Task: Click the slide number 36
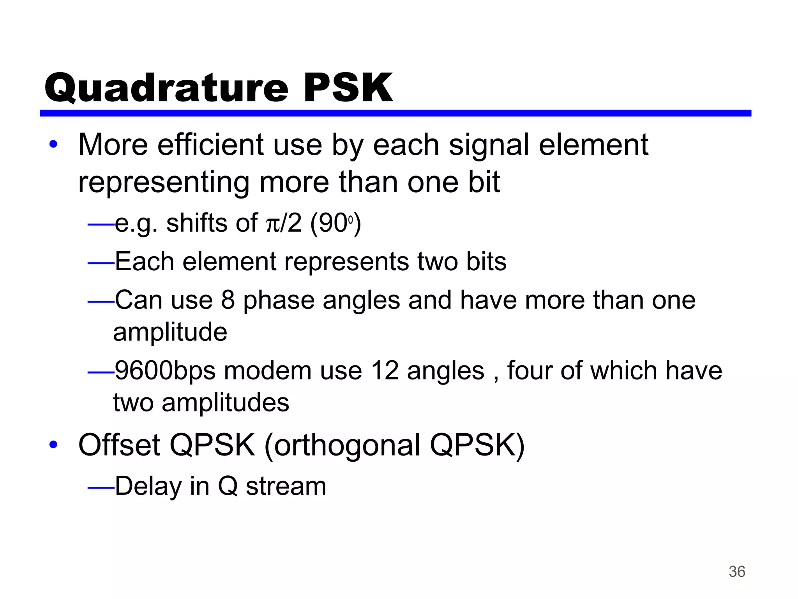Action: pos(737,572)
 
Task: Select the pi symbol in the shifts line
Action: pos(271,224)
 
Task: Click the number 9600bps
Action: pos(165,370)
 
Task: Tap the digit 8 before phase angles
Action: pos(228,300)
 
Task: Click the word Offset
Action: pos(119,445)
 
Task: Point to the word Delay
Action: pos(148,486)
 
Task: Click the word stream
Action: pos(286,487)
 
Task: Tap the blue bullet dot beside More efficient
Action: pos(53,145)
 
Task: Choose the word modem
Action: pos(267,370)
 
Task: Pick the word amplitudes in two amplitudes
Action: pos(225,402)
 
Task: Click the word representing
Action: pos(164,182)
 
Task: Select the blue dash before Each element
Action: pos(101,264)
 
